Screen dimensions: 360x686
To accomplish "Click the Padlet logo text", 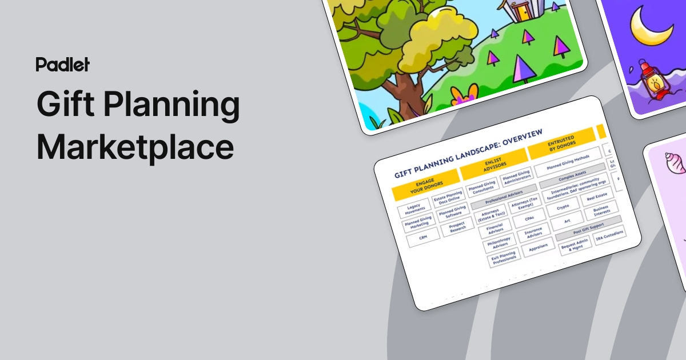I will pyautogui.click(x=63, y=64).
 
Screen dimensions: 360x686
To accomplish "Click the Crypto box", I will pyautogui.click(x=562, y=207).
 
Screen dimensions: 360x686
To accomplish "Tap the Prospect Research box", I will pyautogui.click(x=457, y=226).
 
